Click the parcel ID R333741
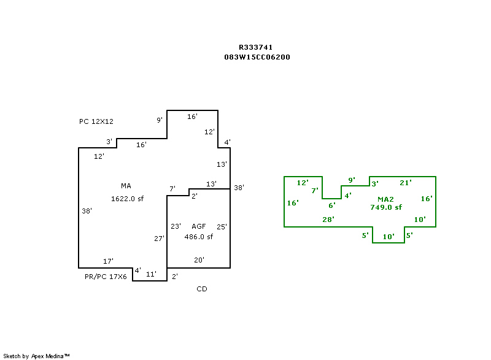click(x=255, y=47)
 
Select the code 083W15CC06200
click(x=257, y=57)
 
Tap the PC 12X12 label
click(x=96, y=121)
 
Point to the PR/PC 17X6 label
click(x=106, y=277)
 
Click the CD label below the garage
click(x=202, y=289)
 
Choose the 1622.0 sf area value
click(x=128, y=199)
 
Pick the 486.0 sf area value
click(x=198, y=237)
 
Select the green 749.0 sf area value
click(x=386, y=207)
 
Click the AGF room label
click(x=198, y=226)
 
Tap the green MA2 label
click(x=385, y=199)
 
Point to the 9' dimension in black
click(x=160, y=120)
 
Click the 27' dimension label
click(x=159, y=239)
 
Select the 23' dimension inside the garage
click(x=176, y=226)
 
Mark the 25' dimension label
click(x=222, y=227)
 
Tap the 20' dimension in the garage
click(x=199, y=260)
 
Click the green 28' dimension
click(x=328, y=220)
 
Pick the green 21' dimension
click(x=406, y=183)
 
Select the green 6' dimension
click(x=332, y=205)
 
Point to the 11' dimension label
click(x=151, y=274)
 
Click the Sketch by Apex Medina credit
click(x=36, y=356)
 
